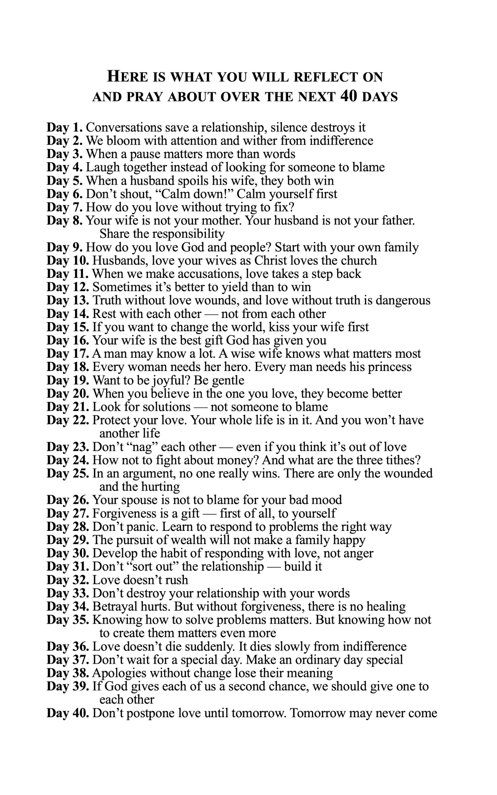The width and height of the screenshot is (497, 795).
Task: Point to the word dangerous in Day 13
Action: (400, 300)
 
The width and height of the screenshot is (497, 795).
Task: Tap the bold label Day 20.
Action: (68, 393)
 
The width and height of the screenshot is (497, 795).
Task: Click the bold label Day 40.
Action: (68, 713)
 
